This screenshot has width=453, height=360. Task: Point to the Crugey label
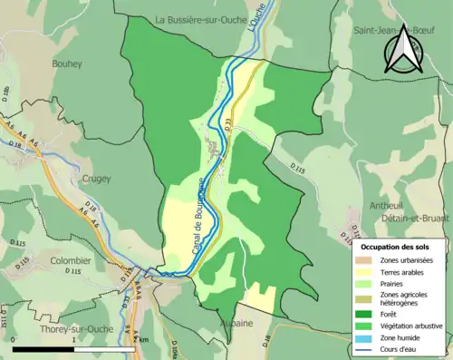pyautogui.click(x=96, y=179)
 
